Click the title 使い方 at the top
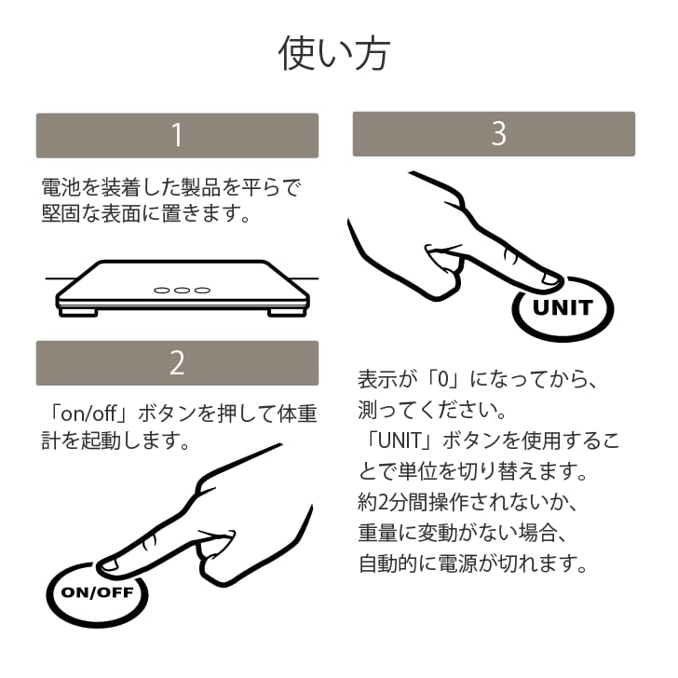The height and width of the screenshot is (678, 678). [x=334, y=54]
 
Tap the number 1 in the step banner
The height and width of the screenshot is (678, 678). [x=177, y=135]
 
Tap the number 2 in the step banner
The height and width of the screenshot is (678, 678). [x=177, y=363]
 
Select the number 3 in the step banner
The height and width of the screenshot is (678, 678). [x=499, y=133]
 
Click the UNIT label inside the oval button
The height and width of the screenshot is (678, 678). [x=563, y=308]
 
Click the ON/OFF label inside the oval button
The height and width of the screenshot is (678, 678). [x=97, y=592]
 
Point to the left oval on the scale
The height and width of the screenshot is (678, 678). [x=162, y=291]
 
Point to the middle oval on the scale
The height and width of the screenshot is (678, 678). [x=182, y=291]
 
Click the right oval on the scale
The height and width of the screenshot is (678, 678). [x=202, y=291]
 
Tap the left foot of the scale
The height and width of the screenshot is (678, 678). [x=78, y=312]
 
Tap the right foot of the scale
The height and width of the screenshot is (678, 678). [x=287, y=312]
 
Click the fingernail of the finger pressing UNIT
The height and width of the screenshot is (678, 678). [x=550, y=278]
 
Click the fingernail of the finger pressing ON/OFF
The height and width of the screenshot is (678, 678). [x=109, y=564]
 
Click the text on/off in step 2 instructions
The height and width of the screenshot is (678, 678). [x=89, y=414]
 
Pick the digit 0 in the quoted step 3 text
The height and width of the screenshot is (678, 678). [x=443, y=380]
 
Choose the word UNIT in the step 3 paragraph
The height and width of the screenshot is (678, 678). [x=400, y=441]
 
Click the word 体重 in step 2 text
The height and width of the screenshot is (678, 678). [x=297, y=414]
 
